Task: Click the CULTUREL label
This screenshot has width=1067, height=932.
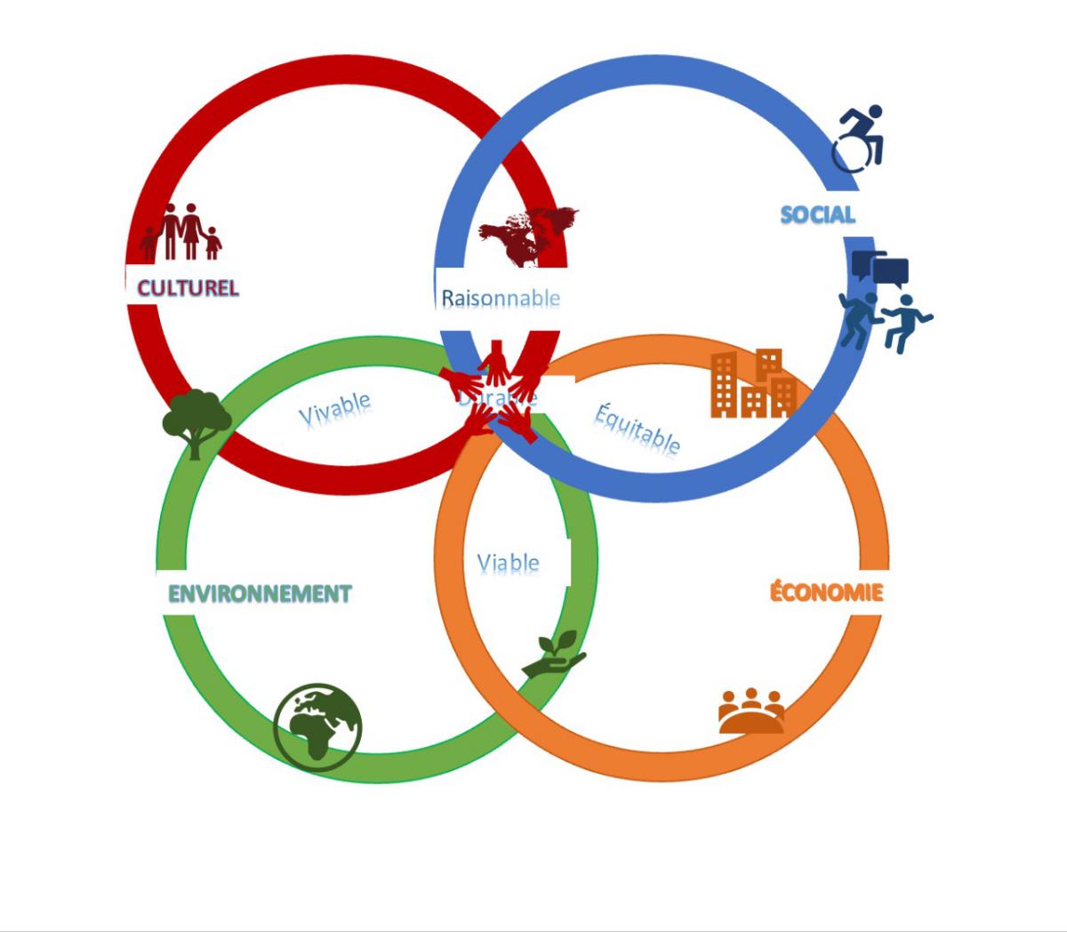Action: click(188, 288)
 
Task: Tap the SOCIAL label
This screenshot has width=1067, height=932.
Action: click(817, 214)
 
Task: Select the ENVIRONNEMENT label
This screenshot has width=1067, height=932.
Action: click(260, 593)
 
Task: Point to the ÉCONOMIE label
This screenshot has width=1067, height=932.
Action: click(826, 591)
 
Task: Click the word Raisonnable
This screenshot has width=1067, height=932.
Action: click(501, 298)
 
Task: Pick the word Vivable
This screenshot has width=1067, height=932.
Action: click(334, 409)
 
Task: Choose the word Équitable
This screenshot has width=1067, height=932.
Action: click(638, 428)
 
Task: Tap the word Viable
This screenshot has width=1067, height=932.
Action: click(508, 563)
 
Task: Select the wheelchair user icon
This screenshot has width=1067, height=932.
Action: click(860, 139)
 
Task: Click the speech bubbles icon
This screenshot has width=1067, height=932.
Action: click(880, 267)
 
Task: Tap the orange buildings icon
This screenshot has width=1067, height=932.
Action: click(753, 384)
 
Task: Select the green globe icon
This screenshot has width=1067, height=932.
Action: click(317, 726)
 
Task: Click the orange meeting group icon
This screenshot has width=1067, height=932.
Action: click(751, 711)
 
